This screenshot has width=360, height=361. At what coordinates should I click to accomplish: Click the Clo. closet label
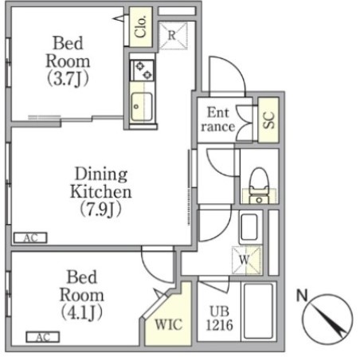140,26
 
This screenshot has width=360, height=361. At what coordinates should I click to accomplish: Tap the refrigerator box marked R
173,35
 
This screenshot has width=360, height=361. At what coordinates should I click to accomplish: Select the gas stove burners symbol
142,70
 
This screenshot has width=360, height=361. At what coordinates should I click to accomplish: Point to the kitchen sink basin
142,107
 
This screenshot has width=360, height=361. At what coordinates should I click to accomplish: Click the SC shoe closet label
268,120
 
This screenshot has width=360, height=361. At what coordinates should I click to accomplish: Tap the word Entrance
218,120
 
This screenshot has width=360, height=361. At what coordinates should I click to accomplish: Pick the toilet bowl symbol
259,185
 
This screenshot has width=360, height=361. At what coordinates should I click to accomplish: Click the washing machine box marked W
247,260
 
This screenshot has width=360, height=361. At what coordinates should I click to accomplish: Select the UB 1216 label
220,318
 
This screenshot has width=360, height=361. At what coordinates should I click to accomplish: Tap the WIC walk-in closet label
169,324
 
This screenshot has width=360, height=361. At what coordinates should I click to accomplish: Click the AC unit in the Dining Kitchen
30,237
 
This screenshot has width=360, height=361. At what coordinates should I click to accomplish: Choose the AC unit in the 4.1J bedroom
43,337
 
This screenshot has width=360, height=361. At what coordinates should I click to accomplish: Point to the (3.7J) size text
68,79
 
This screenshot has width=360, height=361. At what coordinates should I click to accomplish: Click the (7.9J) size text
101,210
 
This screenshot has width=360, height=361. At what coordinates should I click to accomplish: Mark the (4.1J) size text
82,312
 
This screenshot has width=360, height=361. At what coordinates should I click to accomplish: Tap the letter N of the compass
302,295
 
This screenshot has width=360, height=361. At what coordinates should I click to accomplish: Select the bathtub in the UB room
258,312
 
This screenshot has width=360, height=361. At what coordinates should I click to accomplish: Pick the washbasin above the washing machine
248,226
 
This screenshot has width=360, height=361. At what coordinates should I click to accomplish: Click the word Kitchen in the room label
101,191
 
